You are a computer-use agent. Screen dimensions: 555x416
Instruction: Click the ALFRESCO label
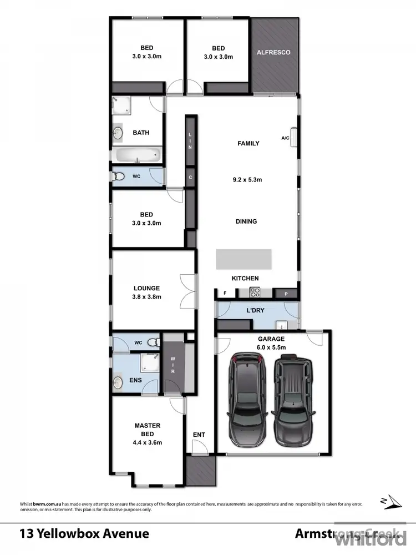point(273,53)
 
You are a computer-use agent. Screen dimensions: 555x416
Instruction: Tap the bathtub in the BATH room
point(136,154)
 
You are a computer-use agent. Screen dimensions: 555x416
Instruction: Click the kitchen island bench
point(243,259)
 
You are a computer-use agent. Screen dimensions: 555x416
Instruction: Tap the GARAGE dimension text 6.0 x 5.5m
point(271,347)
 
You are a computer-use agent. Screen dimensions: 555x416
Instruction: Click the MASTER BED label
point(147,430)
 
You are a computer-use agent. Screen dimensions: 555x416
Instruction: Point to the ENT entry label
point(199,435)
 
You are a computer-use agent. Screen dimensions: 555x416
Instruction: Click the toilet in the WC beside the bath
point(118,177)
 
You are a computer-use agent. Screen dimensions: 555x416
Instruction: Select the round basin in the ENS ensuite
point(118,382)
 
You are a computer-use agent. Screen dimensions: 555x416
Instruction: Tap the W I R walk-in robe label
point(173,365)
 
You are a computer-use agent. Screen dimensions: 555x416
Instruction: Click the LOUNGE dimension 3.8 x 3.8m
point(146,297)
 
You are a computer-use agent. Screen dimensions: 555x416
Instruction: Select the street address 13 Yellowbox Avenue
point(84,534)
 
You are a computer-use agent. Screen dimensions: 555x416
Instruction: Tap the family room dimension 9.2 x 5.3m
point(246,179)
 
